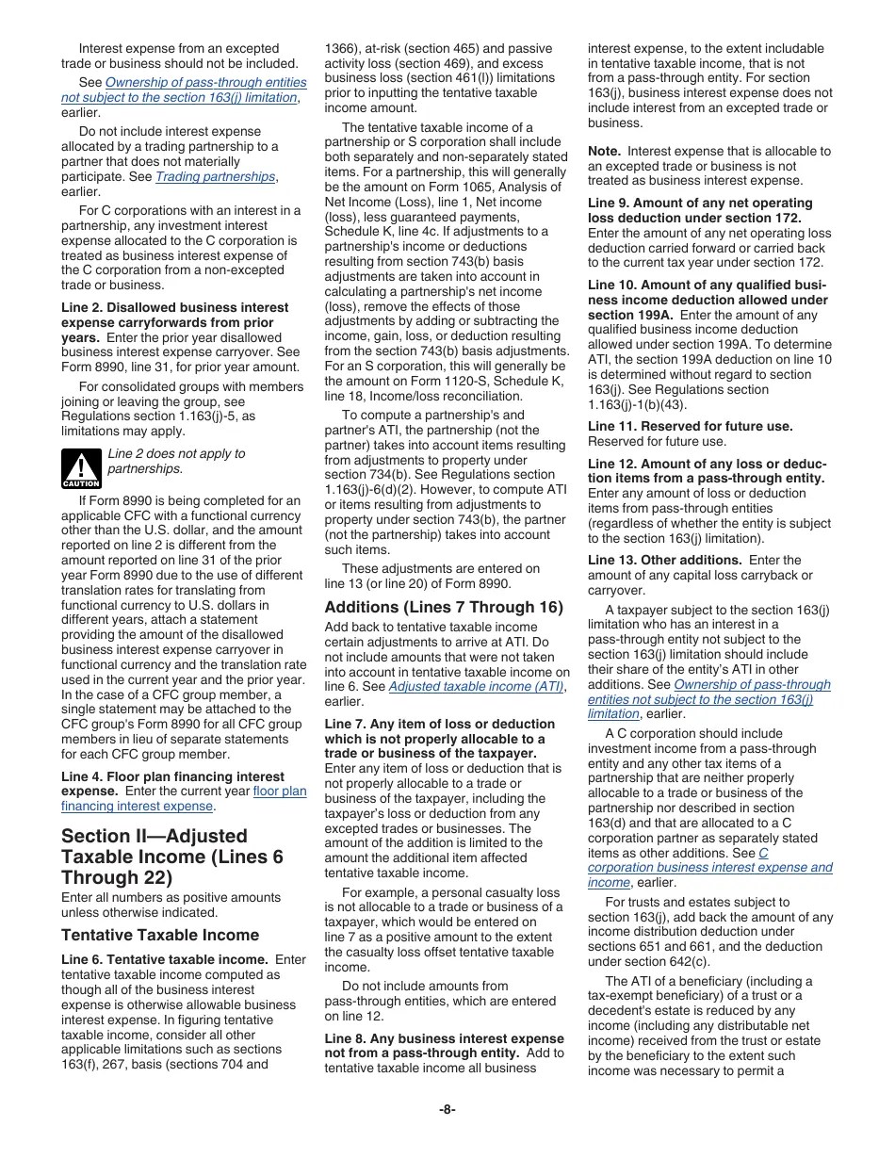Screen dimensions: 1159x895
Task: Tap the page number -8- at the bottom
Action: pyautogui.click(x=447, y=1109)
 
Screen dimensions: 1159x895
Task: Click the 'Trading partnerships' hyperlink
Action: pyautogui.click(x=216, y=177)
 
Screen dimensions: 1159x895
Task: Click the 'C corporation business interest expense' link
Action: pyautogui.click(x=709, y=868)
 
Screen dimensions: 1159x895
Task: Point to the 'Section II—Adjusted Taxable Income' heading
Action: pyautogui.click(x=171, y=857)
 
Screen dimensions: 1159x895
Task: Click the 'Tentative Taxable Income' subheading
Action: pyautogui.click(x=159, y=935)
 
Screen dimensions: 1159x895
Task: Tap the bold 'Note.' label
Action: pyautogui.click(x=604, y=151)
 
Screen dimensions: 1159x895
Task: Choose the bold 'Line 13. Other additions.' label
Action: pyautogui.click(x=664, y=560)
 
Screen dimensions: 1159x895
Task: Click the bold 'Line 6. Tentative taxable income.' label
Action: pyautogui.click(x=166, y=959)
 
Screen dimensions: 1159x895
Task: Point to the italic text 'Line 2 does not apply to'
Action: pyautogui.click(x=176, y=453)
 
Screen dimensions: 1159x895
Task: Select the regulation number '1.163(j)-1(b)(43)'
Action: pyautogui.click(x=642, y=404)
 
